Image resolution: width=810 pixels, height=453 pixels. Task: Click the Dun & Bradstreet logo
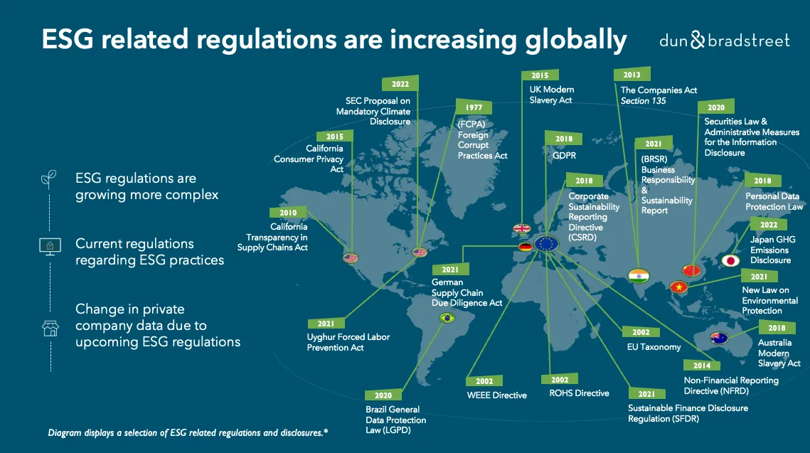pos(724,41)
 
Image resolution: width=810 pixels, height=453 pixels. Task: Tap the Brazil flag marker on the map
pos(447,318)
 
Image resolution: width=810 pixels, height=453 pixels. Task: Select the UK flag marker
pos(521,229)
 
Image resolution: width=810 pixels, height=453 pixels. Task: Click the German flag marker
pos(526,247)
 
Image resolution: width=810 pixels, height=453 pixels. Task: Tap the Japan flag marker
pos(730,260)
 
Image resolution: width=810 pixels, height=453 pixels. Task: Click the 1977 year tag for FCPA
pos(474,107)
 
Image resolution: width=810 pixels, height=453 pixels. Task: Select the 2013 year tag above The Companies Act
pos(632,75)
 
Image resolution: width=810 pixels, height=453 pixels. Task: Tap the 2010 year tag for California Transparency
pos(288,213)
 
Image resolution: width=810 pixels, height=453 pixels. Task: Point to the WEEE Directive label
pos(496,395)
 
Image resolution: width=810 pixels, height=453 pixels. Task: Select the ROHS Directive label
pos(579,393)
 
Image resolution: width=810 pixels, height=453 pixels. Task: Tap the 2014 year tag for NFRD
pos(702,366)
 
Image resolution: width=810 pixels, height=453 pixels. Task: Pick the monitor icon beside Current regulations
pos(48,246)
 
